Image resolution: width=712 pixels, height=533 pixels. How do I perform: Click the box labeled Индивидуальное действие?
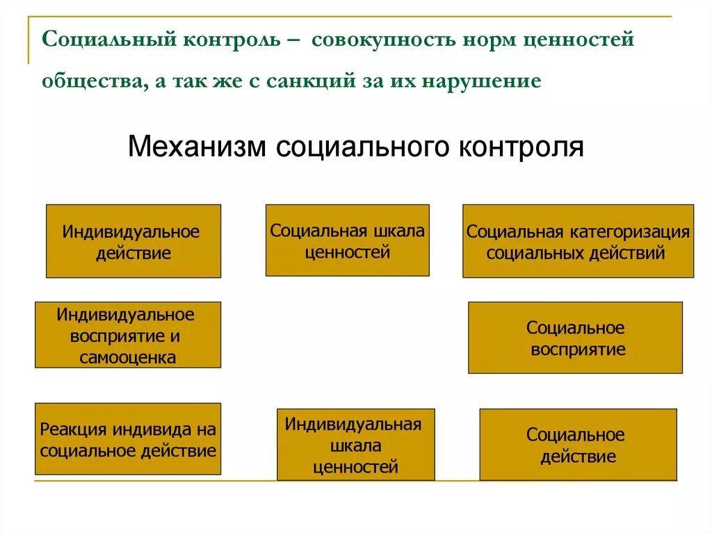[x=133, y=241]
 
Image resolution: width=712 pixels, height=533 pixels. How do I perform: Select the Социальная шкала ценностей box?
[x=347, y=240]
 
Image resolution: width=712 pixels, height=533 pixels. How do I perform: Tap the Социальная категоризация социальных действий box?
[x=578, y=241]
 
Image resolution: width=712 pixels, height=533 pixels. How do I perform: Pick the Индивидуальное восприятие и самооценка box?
[x=128, y=335]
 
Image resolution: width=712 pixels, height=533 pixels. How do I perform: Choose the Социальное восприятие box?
[x=575, y=338]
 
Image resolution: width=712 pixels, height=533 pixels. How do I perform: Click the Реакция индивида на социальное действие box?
[x=128, y=439]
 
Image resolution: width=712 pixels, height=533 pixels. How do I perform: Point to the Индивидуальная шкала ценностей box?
[x=355, y=445]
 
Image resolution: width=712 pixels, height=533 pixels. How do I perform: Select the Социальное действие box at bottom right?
[x=578, y=445]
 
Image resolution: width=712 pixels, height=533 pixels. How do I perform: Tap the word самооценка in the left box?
[x=127, y=358]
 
